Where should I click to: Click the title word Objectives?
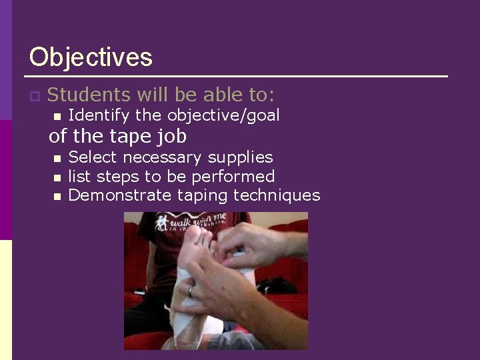coord(91,57)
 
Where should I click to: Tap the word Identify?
coord(99,115)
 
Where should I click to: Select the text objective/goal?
coord(223,115)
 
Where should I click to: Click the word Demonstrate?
coord(120,195)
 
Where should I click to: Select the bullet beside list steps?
coord(57,177)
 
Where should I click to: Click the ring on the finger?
coord(191,291)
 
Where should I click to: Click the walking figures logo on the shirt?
coord(163,221)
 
